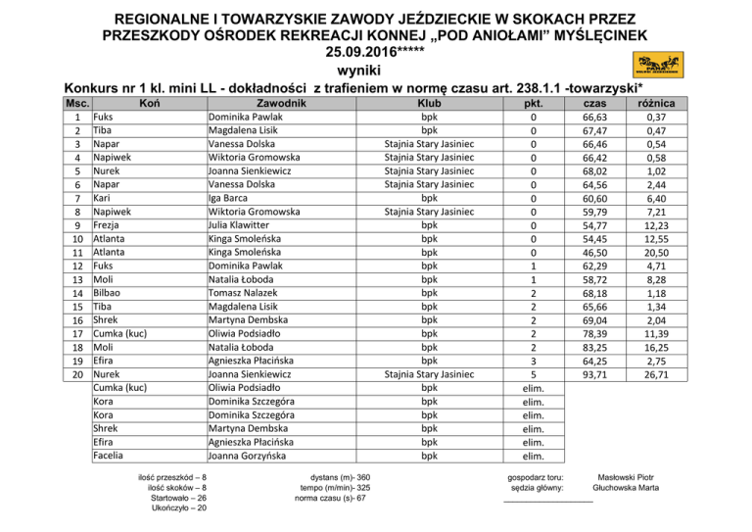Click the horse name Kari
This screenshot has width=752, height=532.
pyautogui.click(x=103, y=197)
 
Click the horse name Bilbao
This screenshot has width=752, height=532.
pyautogui.click(x=109, y=292)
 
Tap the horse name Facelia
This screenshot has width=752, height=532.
pyautogui.click(x=111, y=455)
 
